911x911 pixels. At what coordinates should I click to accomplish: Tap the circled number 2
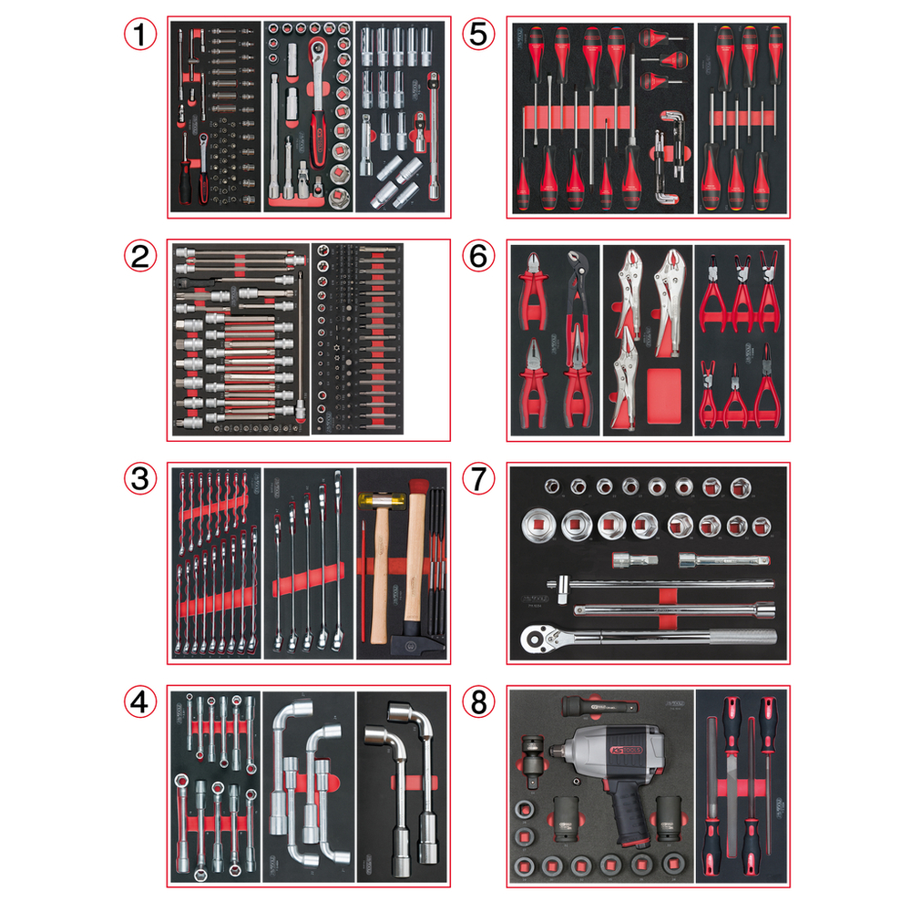coord(139,257)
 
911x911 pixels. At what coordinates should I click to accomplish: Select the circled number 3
coord(139,479)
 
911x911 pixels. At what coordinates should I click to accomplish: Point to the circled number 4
coord(139,702)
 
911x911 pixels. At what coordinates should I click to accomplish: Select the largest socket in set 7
coord(539,526)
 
